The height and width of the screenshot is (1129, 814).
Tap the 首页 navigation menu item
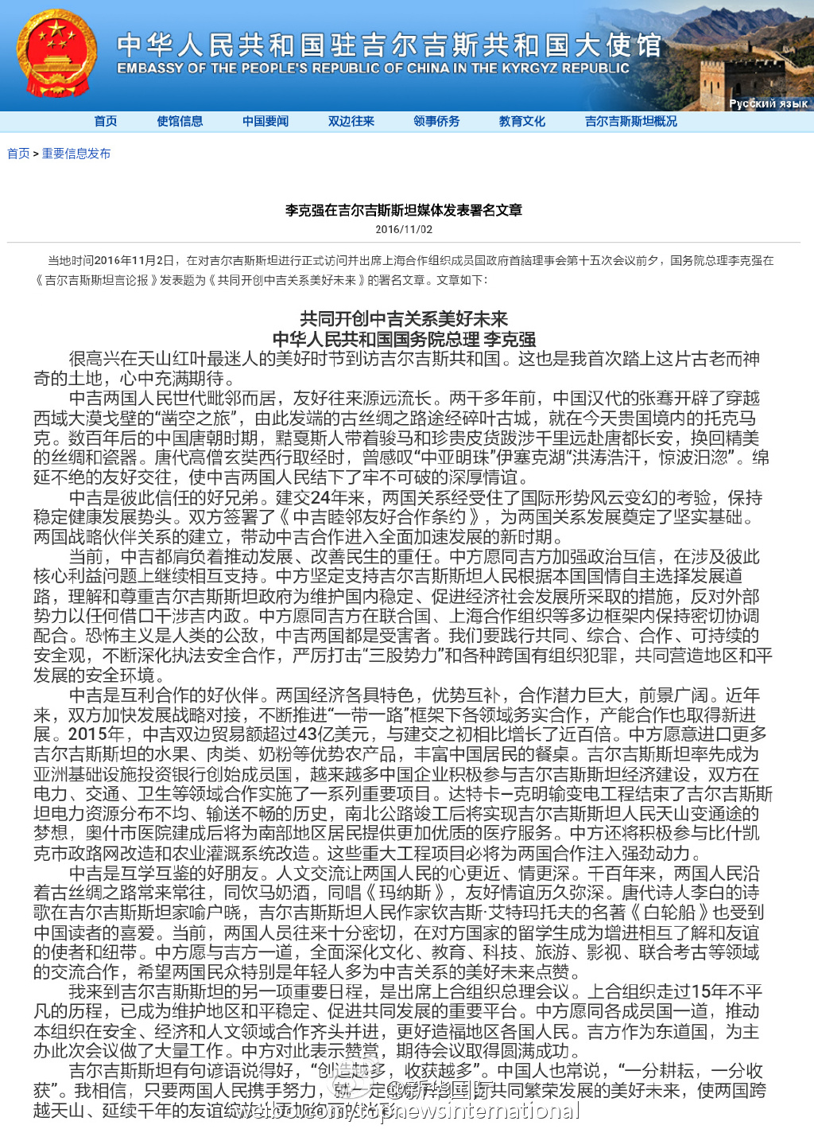[x=105, y=121]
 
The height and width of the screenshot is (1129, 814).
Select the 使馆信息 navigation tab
[x=180, y=121]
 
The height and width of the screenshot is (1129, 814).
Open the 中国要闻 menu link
[x=266, y=121]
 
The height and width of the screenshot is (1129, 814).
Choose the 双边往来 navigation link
[x=351, y=121]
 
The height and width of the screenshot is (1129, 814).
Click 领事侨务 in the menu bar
[x=436, y=121]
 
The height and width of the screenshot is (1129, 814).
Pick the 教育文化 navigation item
[x=522, y=121]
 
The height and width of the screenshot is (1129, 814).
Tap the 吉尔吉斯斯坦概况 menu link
[x=631, y=121]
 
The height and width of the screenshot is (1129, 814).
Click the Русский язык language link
[x=768, y=103]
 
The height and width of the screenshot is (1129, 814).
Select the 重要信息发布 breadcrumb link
[x=76, y=154]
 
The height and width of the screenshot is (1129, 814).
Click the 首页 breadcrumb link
[x=18, y=154]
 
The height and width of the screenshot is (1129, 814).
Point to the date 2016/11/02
[x=404, y=229]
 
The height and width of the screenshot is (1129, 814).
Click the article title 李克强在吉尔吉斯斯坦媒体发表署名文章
[x=404, y=210]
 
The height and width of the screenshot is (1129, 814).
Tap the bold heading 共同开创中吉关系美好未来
[x=404, y=319]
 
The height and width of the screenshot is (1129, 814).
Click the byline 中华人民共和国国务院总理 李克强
[x=404, y=339]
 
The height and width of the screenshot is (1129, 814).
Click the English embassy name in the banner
[x=373, y=68]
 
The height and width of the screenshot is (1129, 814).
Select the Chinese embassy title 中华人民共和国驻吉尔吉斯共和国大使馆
[x=389, y=45]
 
